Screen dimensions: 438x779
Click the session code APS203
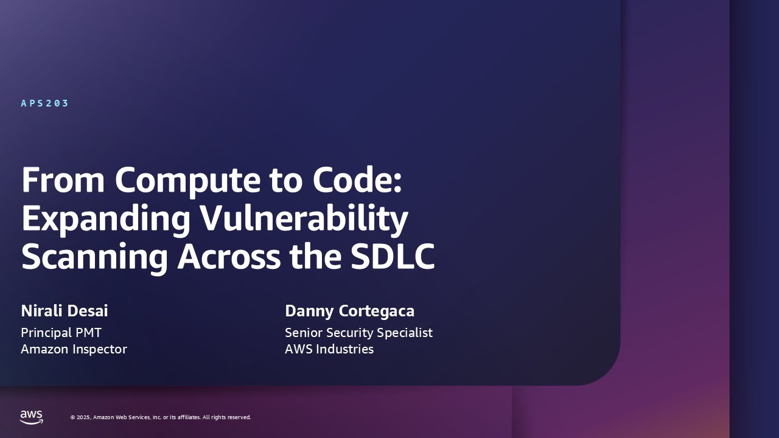coord(45,103)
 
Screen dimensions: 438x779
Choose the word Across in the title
coord(228,257)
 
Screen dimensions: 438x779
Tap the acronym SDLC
coord(393,257)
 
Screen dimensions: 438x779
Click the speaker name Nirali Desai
coord(64,311)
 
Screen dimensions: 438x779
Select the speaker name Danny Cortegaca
coord(349,311)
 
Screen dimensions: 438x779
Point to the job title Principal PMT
coord(61,333)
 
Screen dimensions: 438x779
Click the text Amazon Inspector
coord(74,349)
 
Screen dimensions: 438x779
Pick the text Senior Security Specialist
coord(358,333)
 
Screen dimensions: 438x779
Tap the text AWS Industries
coord(329,349)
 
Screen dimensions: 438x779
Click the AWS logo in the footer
coord(32,417)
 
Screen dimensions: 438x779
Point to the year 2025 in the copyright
coord(84,417)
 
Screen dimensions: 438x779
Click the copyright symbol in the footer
coord(72,417)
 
